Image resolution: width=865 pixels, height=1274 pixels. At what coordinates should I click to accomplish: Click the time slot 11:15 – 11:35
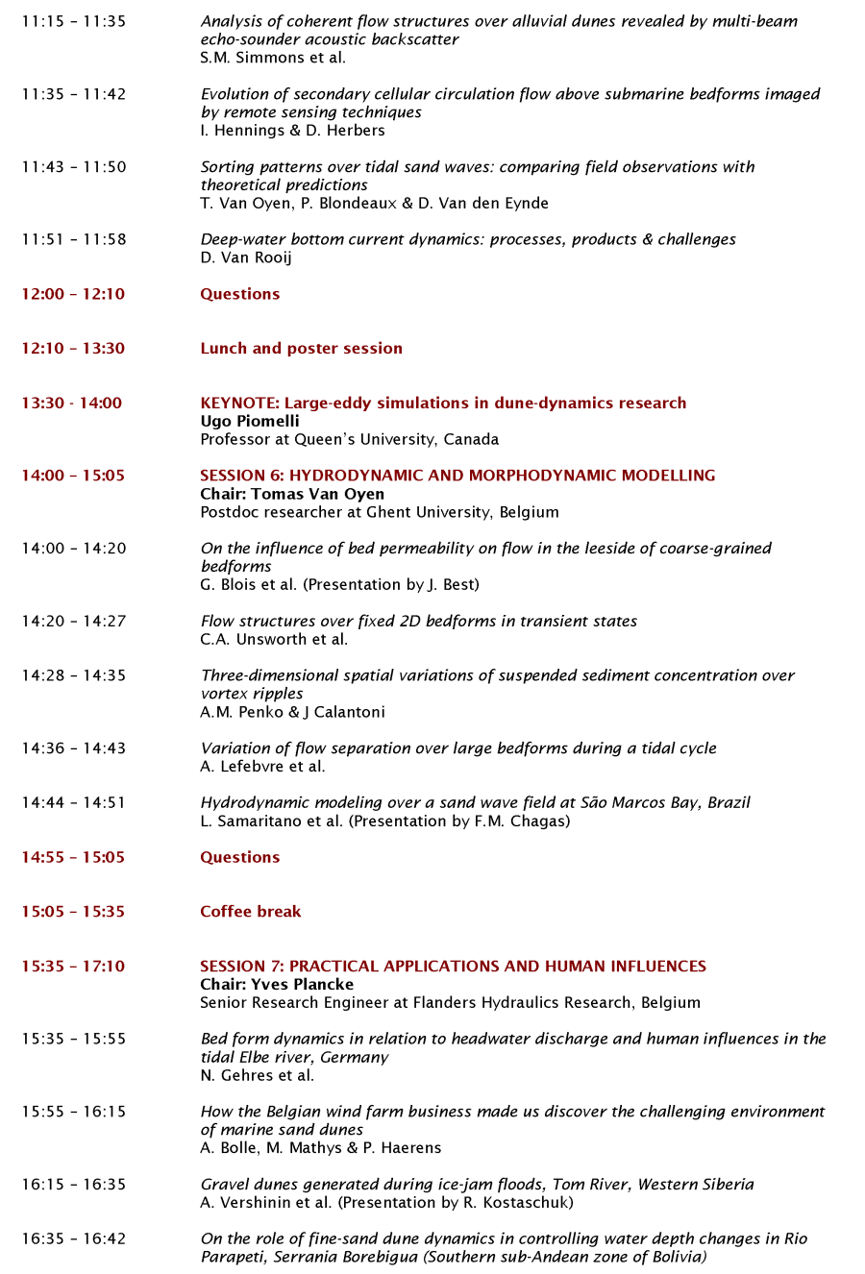[x=74, y=21]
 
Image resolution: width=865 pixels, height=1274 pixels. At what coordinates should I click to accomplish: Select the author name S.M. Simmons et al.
[x=273, y=58]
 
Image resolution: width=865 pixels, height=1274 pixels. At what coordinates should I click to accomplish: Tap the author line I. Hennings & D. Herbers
[x=292, y=131]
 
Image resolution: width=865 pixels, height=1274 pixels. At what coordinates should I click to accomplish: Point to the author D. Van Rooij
[x=246, y=257]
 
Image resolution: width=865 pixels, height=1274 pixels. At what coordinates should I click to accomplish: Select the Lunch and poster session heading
[x=301, y=349]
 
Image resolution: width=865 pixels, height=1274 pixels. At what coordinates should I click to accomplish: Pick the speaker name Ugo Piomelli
[x=250, y=422]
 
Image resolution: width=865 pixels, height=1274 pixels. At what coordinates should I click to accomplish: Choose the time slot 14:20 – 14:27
[x=74, y=622]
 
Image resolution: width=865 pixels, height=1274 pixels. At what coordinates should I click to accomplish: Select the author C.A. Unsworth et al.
[x=274, y=640]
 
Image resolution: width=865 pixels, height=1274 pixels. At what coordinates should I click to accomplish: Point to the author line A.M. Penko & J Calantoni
[x=292, y=712]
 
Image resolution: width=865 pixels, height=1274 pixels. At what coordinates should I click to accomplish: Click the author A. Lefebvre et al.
[x=262, y=767]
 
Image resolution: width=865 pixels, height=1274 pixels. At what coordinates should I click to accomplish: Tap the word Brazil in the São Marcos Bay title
[x=729, y=803]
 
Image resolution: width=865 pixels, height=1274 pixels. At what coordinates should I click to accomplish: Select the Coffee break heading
[x=250, y=912]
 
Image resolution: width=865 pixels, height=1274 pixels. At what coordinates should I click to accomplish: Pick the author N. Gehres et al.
[x=257, y=1076]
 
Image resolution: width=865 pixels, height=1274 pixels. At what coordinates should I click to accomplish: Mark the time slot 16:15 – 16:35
[x=74, y=1185]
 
